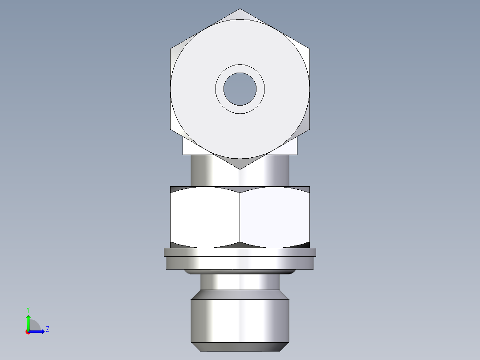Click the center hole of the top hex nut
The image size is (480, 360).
(x=240, y=89)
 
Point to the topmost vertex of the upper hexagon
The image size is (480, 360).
(x=240, y=9)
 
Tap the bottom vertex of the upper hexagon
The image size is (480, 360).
(x=240, y=168)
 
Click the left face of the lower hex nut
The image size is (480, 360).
(x=205, y=217)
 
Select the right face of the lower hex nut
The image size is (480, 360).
(x=275, y=217)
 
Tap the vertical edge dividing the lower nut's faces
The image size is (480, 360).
(x=240, y=217)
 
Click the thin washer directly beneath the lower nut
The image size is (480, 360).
(x=240, y=252)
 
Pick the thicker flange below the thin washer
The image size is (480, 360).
(x=240, y=263)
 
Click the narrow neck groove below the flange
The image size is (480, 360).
(x=240, y=282)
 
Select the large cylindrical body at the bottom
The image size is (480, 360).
(x=240, y=321)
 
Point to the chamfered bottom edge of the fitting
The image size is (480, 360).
(x=240, y=347)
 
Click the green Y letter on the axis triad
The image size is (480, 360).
(x=28, y=309)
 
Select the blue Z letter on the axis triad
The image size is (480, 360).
(x=47, y=329)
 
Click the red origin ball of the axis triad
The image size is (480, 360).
(x=28, y=331)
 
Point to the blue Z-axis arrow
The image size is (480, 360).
(x=38, y=331)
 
